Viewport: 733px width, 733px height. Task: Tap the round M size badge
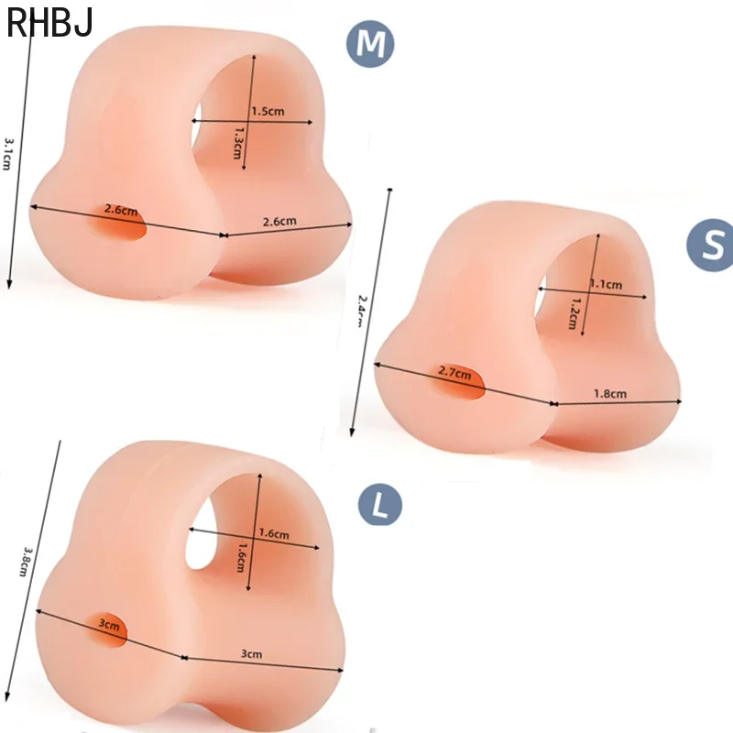370,46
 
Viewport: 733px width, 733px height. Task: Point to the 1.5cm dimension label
268,112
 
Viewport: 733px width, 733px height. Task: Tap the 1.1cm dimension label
606,284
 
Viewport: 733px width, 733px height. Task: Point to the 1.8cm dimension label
610,394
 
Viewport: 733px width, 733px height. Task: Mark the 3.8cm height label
27,562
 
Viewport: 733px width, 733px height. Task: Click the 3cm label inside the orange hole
110,626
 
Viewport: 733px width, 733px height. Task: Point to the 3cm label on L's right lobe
251,654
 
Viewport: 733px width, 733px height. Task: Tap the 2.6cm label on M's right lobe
279,221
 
